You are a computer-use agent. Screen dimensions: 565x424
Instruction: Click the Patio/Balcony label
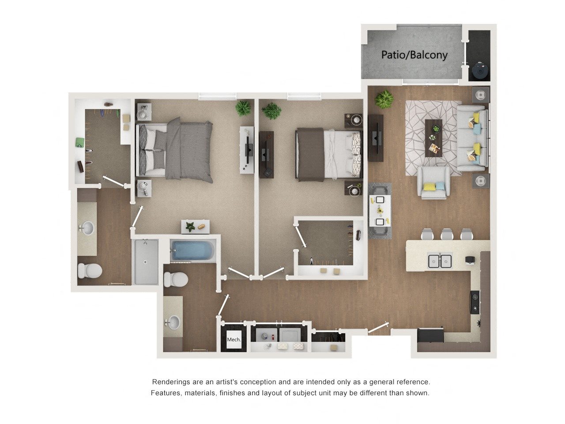[414, 55]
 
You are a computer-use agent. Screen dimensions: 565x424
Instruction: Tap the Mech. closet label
[234, 340]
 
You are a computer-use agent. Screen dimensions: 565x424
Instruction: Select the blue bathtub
[192, 250]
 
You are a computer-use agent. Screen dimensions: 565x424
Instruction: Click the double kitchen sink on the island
[440, 261]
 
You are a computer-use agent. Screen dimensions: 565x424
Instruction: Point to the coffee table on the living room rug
[433, 138]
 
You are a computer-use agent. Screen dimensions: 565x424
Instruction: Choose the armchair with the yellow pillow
[433, 182]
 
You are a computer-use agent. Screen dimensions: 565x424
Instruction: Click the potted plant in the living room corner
[384, 99]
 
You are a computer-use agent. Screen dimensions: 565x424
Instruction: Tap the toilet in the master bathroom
[90, 271]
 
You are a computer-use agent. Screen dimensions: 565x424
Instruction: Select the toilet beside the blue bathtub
[176, 279]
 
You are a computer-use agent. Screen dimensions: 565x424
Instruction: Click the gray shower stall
[146, 261]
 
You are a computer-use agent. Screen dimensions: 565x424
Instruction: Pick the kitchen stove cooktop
[475, 302]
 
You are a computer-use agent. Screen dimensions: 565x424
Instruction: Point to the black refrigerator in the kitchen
[430, 335]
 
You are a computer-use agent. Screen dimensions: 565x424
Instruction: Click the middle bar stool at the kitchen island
[447, 234]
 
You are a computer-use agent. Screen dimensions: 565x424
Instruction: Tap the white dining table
[380, 211]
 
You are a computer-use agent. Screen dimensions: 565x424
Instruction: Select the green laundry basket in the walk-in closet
[80, 142]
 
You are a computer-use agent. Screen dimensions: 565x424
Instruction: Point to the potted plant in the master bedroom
[243, 108]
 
